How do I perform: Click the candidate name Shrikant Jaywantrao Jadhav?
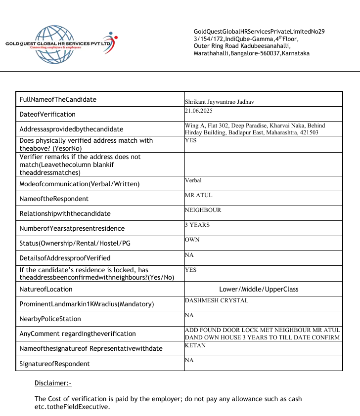point(220,101)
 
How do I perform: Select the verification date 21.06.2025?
point(199,111)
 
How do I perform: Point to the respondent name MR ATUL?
point(198,195)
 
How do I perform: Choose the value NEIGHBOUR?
point(203,210)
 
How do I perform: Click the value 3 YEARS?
point(197,225)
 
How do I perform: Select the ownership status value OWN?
point(192,240)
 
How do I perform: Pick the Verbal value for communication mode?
point(193,180)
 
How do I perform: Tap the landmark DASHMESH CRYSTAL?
point(217,300)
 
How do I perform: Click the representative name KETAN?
point(195,345)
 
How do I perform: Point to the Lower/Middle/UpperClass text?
point(259,289)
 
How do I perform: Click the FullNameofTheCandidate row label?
point(58,99)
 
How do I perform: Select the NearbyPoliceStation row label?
point(50,319)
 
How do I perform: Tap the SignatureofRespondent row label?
point(54,364)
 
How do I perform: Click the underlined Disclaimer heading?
point(53,383)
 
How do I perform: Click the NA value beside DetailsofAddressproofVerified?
point(189,254)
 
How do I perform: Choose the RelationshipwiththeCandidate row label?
point(65,213)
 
